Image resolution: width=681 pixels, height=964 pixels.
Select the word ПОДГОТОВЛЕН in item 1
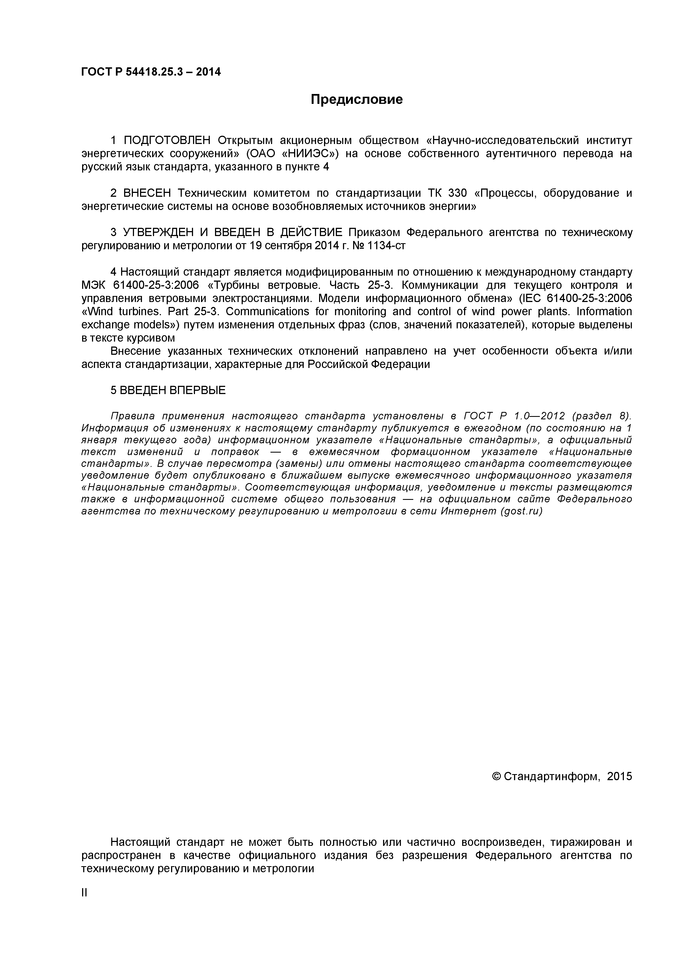tap(167, 140)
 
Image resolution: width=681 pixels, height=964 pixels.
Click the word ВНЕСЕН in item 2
tap(147, 193)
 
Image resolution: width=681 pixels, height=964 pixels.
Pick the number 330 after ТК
tap(457, 193)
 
